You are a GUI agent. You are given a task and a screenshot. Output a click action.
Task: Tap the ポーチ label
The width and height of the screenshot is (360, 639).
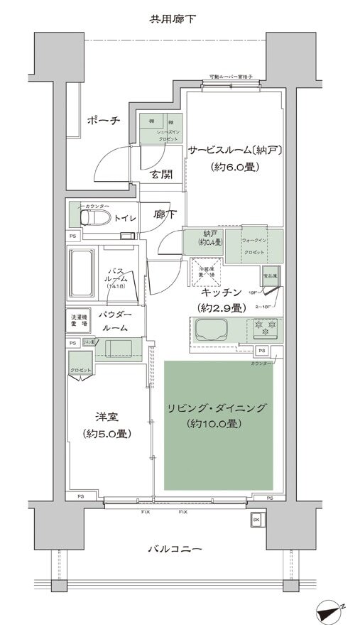pyautogui.click(x=104, y=120)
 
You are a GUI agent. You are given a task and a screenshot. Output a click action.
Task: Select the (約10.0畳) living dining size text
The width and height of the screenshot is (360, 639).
pyautogui.click(x=216, y=424)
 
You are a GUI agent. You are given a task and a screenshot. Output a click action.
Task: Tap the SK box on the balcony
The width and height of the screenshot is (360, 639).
pyautogui.click(x=256, y=520)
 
